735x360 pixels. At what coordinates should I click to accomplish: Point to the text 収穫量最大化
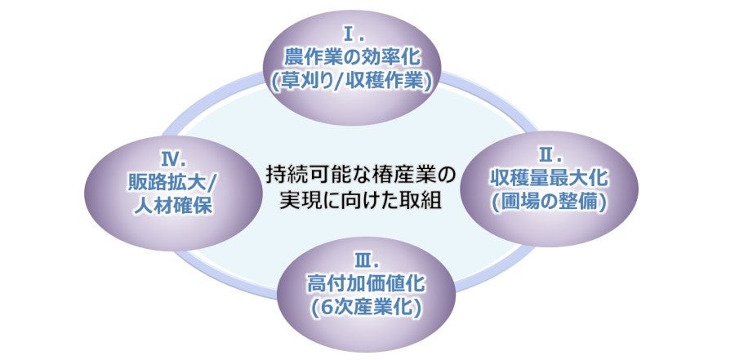(550, 177)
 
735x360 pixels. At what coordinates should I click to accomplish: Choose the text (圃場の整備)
(550, 200)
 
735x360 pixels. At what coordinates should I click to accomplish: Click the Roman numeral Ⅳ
(171, 155)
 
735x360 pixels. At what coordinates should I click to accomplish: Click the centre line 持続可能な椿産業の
(360, 175)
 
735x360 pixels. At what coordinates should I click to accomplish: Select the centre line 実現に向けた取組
(360, 200)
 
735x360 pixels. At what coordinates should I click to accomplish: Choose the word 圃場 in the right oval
(523, 200)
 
